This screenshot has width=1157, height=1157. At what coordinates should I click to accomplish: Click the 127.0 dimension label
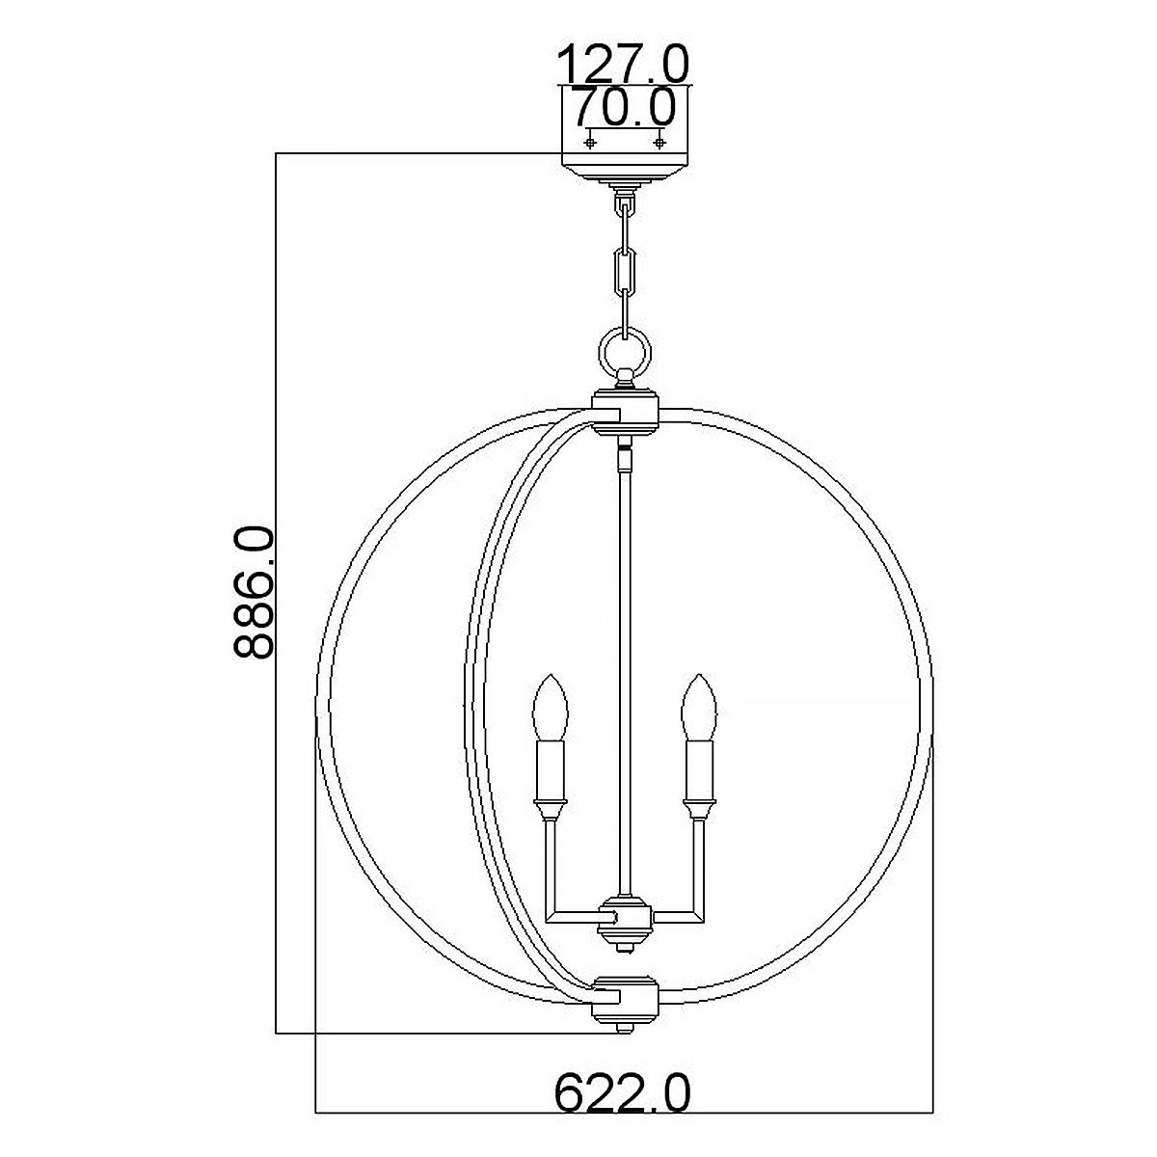(623, 65)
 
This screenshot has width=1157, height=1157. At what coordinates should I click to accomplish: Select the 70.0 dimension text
(625, 107)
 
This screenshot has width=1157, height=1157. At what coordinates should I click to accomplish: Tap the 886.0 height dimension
(253, 593)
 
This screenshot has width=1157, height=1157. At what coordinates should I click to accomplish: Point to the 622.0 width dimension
(622, 1093)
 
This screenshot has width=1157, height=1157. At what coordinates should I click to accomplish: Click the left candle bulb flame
(550, 708)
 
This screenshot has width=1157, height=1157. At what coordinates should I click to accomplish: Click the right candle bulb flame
(698, 708)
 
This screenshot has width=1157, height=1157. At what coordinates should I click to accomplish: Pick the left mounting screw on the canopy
(590, 143)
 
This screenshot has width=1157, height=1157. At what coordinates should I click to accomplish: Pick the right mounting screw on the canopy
(659, 143)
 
